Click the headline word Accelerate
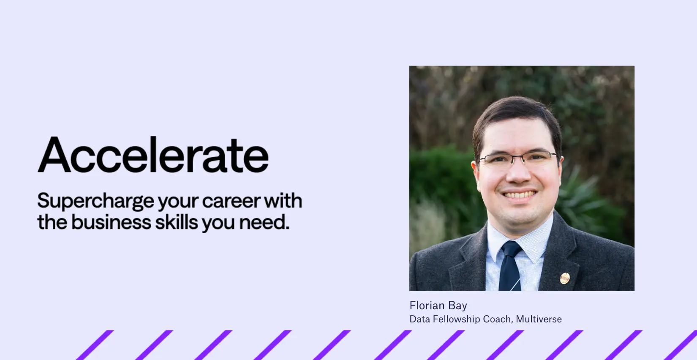(x=153, y=155)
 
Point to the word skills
(x=177, y=222)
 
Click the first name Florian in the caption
(x=427, y=305)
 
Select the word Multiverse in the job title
(x=539, y=319)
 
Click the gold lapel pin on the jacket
(x=565, y=278)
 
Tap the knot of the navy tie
(x=511, y=249)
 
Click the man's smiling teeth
(x=519, y=195)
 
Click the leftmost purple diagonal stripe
(x=95, y=345)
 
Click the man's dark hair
(x=516, y=115)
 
